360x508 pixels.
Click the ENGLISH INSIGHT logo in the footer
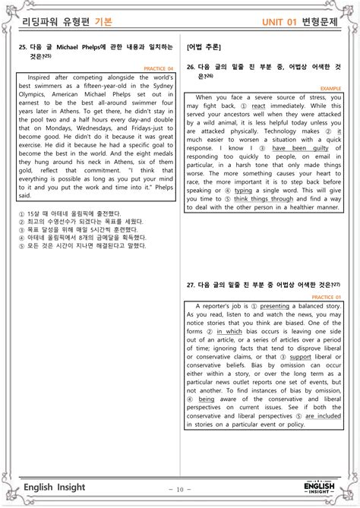click(319, 487)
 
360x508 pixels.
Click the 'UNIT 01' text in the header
click(280, 22)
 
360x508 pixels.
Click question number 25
click(22, 47)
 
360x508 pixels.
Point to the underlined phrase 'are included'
click(321, 415)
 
